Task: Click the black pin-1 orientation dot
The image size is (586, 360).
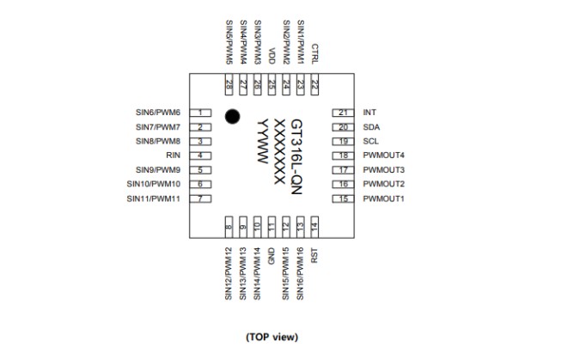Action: tap(231, 116)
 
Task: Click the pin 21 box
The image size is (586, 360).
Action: tap(344, 113)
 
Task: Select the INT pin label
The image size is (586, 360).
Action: tap(370, 113)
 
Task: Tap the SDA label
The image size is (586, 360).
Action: tap(371, 127)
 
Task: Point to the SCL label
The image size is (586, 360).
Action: tap(371, 141)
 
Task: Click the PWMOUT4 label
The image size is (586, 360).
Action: tap(384, 156)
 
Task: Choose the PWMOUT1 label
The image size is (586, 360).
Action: tap(384, 199)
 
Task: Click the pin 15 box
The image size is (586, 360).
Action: tap(344, 199)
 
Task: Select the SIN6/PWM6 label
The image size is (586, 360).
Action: tap(158, 113)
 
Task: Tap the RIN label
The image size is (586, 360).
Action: tap(173, 156)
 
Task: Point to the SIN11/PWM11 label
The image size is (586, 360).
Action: tap(153, 199)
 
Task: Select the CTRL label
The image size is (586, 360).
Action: tap(314, 53)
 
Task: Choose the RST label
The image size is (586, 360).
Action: tap(314, 256)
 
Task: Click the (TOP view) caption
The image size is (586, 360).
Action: tap(272, 336)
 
